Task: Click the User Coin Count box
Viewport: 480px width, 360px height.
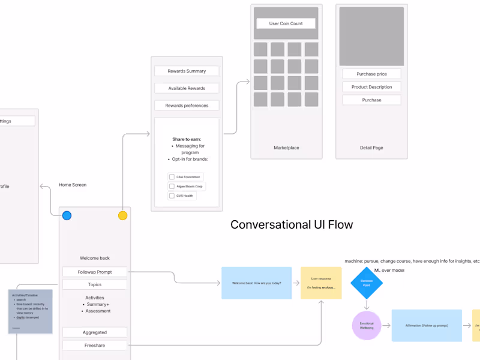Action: click(x=286, y=23)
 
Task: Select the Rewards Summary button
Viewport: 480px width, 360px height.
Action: click(x=187, y=71)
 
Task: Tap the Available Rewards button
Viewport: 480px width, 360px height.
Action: click(x=187, y=88)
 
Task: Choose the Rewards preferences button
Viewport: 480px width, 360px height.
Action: click(x=187, y=106)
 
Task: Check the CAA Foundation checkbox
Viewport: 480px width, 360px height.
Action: click(x=172, y=177)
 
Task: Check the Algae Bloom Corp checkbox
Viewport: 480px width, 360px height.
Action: click(x=172, y=187)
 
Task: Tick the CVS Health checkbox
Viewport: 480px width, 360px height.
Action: click(x=172, y=196)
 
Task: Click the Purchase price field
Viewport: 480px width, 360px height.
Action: click(x=371, y=74)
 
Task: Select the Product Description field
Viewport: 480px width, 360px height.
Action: click(x=371, y=87)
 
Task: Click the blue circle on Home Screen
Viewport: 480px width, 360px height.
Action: click(x=67, y=215)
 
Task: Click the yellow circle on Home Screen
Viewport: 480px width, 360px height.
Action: click(x=122, y=215)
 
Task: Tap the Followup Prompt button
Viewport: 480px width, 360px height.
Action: click(x=95, y=272)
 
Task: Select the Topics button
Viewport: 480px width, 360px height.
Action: click(x=95, y=284)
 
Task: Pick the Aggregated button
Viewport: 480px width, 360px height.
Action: click(x=95, y=332)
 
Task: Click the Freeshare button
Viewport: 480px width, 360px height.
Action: click(x=95, y=345)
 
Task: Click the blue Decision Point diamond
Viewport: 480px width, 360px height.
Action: click(x=366, y=283)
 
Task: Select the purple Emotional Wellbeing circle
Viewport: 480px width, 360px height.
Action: click(x=366, y=326)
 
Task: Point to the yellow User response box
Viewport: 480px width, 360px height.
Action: click(x=321, y=283)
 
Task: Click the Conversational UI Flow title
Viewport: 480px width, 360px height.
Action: click(x=292, y=225)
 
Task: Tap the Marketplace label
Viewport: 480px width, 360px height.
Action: click(x=286, y=148)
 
